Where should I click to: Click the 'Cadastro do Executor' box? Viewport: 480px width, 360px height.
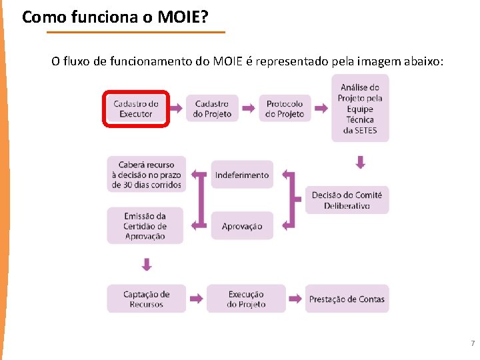point(136,109)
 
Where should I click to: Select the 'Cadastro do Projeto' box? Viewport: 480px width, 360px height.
point(212,109)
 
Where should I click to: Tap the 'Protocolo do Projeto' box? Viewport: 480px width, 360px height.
point(285,109)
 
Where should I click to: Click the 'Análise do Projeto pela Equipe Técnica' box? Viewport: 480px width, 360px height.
point(360,108)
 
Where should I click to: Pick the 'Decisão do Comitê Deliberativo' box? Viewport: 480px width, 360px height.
point(347,200)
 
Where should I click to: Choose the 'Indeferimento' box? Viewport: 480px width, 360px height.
point(242,175)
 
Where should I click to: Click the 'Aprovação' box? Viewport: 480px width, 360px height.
point(242,226)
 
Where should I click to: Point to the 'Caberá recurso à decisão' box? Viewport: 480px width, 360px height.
point(147,175)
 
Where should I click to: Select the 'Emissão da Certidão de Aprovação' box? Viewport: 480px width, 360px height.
point(145,226)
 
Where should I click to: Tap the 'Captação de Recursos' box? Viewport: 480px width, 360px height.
point(147,299)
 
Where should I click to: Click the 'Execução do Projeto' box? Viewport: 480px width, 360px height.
point(246,299)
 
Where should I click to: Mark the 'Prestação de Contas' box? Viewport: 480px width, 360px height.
point(347,299)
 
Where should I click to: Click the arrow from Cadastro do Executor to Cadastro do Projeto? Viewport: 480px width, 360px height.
point(176,108)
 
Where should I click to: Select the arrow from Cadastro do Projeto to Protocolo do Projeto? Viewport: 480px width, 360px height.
point(248,108)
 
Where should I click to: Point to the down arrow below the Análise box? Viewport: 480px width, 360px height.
point(361,162)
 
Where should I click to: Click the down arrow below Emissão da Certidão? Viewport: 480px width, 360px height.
point(147,265)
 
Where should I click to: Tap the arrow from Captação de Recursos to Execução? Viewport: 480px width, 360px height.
point(196,299)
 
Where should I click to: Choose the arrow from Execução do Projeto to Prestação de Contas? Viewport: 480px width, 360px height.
point(295,299)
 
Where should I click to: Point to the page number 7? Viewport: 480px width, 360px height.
point(472,344)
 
